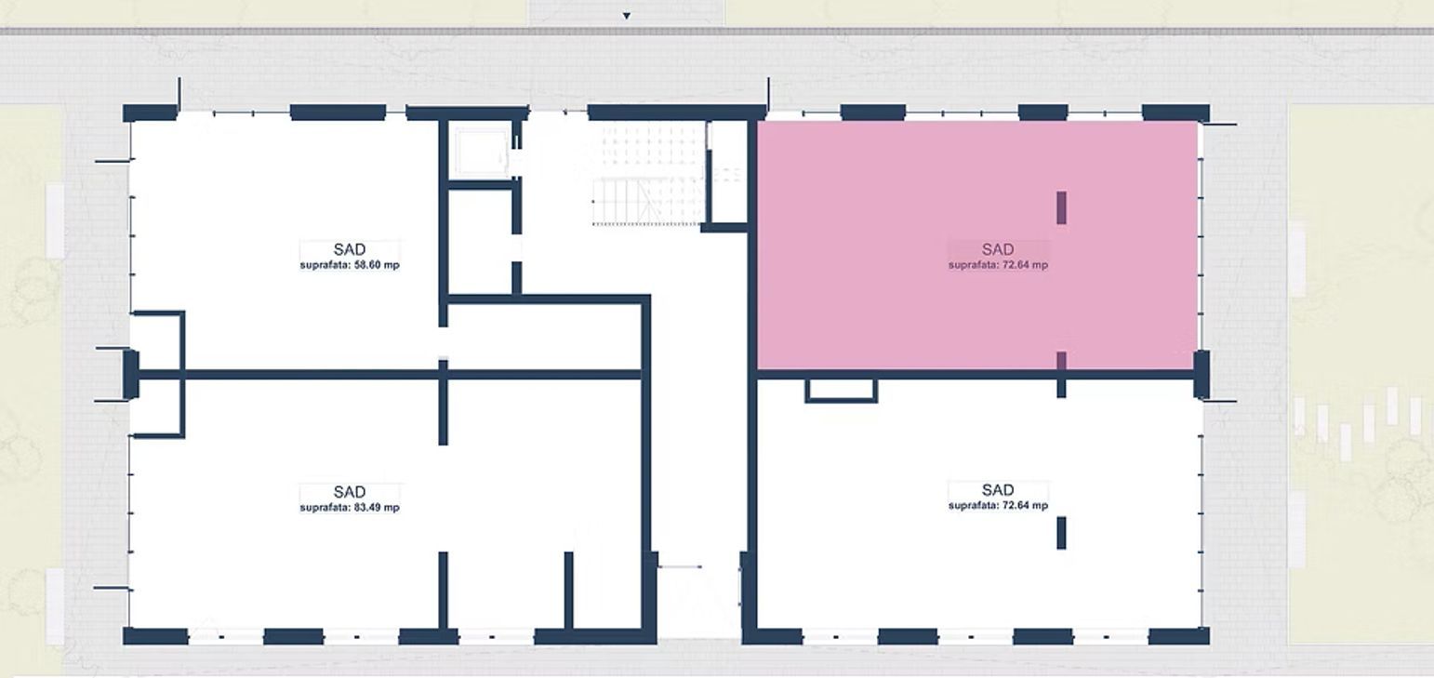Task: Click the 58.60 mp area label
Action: tap(350, 265)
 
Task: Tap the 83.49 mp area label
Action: tap(350, 508)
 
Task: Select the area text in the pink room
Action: tap(998, 265)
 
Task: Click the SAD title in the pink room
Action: tap(998, 249)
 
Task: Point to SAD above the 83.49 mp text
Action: tap(350, 492)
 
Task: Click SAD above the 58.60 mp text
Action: tap(350, 249)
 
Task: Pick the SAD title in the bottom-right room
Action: tap(998, 490)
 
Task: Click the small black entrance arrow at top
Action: tap(627, 16)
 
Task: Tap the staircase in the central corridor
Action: tap(648, 174)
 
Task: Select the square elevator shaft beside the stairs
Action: tap(481, 151)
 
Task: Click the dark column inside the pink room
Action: tap(1061, 207)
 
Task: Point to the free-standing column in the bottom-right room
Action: tap(1061, 533)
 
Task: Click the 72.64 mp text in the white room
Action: tap(998, 506)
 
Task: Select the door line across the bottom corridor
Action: tap(680, 566)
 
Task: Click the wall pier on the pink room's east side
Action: tap(1202, 374)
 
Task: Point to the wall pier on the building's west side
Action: tap(130, 374)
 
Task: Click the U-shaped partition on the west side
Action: tap(182, 375)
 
